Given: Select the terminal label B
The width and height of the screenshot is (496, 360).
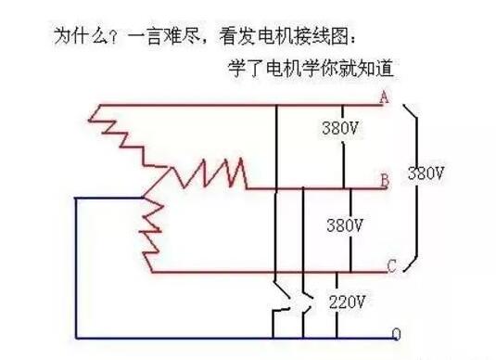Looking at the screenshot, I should click(384, 181).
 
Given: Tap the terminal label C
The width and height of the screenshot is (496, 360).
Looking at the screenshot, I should click(391, 267).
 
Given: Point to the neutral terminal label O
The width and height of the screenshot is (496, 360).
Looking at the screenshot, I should click(396, 334).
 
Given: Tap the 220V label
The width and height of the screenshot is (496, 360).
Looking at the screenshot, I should click(349, 302).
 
